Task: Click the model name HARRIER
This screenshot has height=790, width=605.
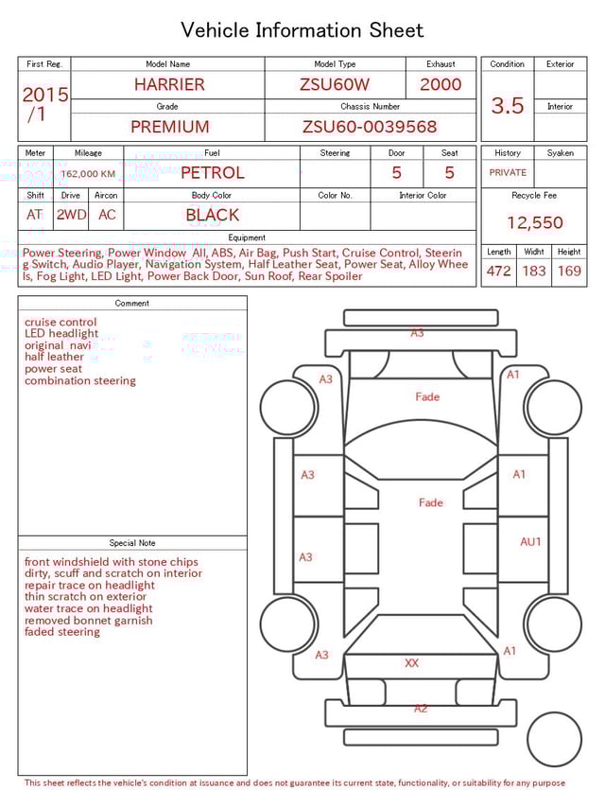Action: [x=168, y=84]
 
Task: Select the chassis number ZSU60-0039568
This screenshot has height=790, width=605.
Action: [x=370, y=127]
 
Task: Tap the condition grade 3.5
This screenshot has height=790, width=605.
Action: [x=508, y=106]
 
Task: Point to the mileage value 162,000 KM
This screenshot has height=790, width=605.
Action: [x=88, y=174]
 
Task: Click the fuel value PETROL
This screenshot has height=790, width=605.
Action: [x=212, y=173]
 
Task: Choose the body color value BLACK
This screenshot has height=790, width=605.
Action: [x=212, y=215]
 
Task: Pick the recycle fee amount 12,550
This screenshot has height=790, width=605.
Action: [x=534, y=223]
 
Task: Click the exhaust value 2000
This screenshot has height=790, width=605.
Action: [x=441, y=84]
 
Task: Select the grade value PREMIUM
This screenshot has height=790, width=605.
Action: [x=169, y=127]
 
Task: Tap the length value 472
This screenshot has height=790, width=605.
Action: [x=498, y=272]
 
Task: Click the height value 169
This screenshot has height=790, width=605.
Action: [x=569, y=272]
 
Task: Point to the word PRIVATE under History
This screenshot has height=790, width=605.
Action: [x=508, y=173]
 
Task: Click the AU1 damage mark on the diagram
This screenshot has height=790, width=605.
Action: [x=530, y=542]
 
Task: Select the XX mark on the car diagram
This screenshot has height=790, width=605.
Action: [x=412, y=663]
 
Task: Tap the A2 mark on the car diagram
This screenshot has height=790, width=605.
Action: [x=421, y=709]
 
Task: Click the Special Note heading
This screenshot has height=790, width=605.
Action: [x=132, y=543]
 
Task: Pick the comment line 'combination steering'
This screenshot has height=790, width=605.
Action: [x=80, y=381]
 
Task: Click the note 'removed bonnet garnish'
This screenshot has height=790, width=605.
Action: [x=88, y=621]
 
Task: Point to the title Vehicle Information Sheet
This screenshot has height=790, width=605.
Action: [x=302, y=30]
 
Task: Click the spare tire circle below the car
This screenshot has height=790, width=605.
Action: [x=553, y=739]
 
